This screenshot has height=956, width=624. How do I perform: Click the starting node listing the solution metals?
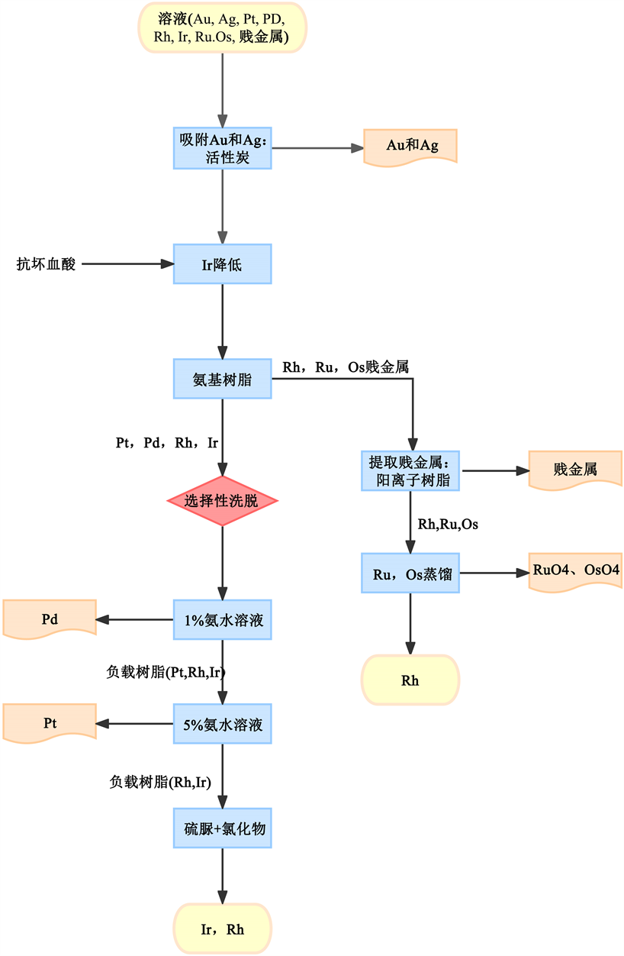tap(222, 27)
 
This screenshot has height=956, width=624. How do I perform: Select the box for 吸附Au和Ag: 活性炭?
tap(222, 149)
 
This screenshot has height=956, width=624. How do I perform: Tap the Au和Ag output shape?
tap(411, 145)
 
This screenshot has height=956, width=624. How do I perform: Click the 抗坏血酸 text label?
tap(47, 264)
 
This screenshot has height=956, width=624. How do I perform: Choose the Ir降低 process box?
tap(222, 264)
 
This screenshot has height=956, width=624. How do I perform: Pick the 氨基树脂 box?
tap(222, 378)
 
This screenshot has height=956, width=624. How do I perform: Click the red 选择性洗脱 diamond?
tap(222, 501)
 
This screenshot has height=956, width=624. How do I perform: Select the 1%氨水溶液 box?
tap(222, 619)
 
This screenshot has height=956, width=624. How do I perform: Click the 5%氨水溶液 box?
tap(222, 724)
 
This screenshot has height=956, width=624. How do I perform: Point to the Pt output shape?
tap(50, 722)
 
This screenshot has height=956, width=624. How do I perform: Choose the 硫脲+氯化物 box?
tap(222, 828)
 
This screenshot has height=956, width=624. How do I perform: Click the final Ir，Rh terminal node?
tap(222, 929)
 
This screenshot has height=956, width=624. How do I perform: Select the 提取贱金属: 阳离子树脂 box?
tap(411, 470)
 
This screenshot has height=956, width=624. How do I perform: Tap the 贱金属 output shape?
tap(575, 470)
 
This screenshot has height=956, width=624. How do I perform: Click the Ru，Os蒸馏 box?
tap(411, 573)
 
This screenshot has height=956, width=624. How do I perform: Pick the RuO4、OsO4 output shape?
tap(575, 571)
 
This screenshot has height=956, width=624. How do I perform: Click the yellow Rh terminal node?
tap(411, 680)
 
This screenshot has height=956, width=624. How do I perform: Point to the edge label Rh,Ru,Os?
tap(448, 525)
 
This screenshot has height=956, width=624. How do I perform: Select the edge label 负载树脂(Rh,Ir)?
tap(160, 781)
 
